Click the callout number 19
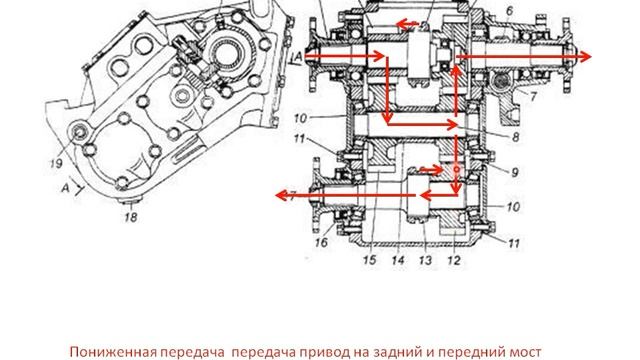click(x=56, y=163)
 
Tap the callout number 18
click(x=131, y=217)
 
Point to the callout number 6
click(x=509, y=11)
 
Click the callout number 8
click(x=516, y=137)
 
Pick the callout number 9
click(x=515, y=172)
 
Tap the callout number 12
click(x=453, y=260)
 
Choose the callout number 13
click(x=425, y=260)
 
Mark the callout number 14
click(x=398, y=260)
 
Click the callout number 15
click(x=369, y=260)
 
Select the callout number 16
click(x=321, y=242)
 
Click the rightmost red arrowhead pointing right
click(x=585, y=57)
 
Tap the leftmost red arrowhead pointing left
click(x=282, y=195)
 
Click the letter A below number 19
click(x=66, y=188)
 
